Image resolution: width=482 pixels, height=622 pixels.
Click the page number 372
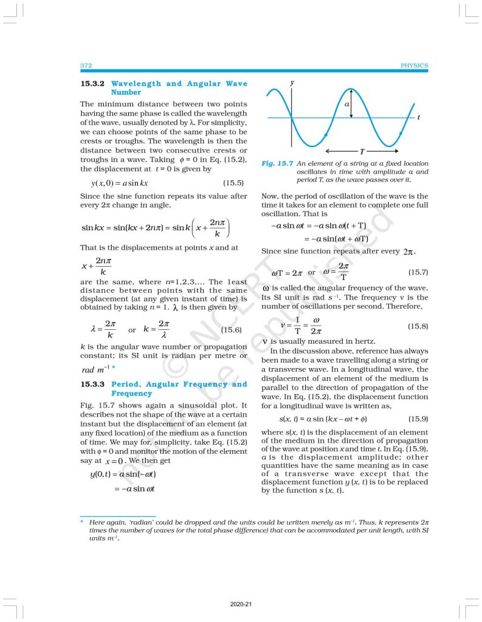[85, 65]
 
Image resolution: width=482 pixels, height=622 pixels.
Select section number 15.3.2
[94, 84]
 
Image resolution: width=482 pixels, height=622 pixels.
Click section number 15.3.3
[94, 384]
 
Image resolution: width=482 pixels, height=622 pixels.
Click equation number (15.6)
[231, 330]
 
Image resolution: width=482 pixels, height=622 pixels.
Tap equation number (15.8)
[418, 326]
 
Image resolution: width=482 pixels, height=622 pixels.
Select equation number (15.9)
[418, 419]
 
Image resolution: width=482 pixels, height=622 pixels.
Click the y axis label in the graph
[292, 81]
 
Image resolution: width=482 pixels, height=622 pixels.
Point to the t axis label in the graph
[419, 117]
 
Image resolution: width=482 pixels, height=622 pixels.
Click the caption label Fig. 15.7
[274, 163]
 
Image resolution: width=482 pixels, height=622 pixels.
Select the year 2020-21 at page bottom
[241, 604]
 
